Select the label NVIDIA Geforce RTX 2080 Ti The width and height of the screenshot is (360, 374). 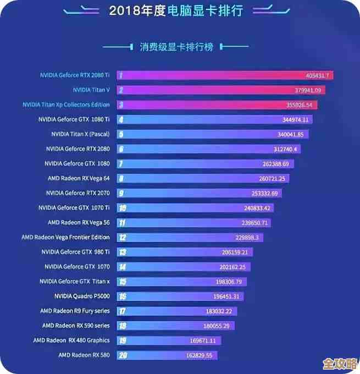[x=75, y=75]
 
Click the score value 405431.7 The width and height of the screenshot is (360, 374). [x=317, y=75]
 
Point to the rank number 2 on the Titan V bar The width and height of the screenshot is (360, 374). [x=120, y=90]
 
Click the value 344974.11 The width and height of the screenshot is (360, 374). [x=296, y=119]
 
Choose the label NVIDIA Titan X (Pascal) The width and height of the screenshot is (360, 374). [x=80, y=134]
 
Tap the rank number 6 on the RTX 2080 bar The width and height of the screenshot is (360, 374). [x=121, y=149]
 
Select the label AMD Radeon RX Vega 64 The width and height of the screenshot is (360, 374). [x=79, y=178]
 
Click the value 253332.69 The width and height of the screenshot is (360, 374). [x=265, y=193]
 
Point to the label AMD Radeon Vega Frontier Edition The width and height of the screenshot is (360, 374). [x=65, y=237]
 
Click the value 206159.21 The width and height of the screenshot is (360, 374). [x=235, y=252]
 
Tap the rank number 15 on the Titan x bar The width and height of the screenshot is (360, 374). [x=122, y=282]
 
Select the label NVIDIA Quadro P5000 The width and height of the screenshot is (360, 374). [x=82, y=296]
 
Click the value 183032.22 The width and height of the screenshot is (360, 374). [x=219, y=311]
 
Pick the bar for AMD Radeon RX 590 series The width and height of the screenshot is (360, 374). [x=176, y=326]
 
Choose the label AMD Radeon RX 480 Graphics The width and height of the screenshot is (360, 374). [x=71, y=340]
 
